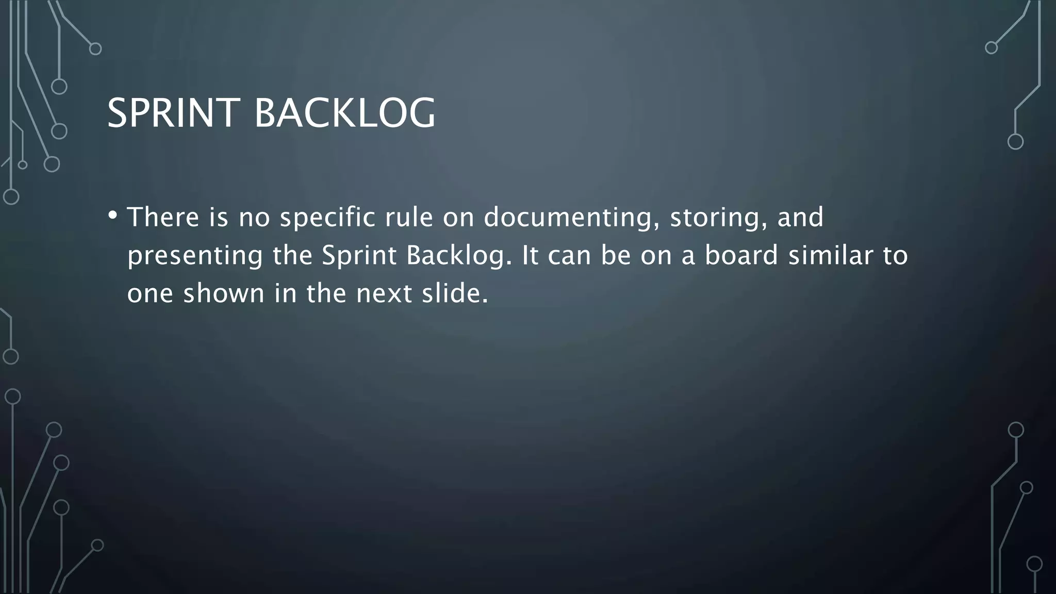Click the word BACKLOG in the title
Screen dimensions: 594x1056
pos(345,113)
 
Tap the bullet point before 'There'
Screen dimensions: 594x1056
pos(113,215)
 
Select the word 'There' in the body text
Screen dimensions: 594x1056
pos(163,217)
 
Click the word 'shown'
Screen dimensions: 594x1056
pos(224,293)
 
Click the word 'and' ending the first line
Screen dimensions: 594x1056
pos(800,217)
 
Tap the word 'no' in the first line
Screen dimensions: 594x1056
pos(254,218)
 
